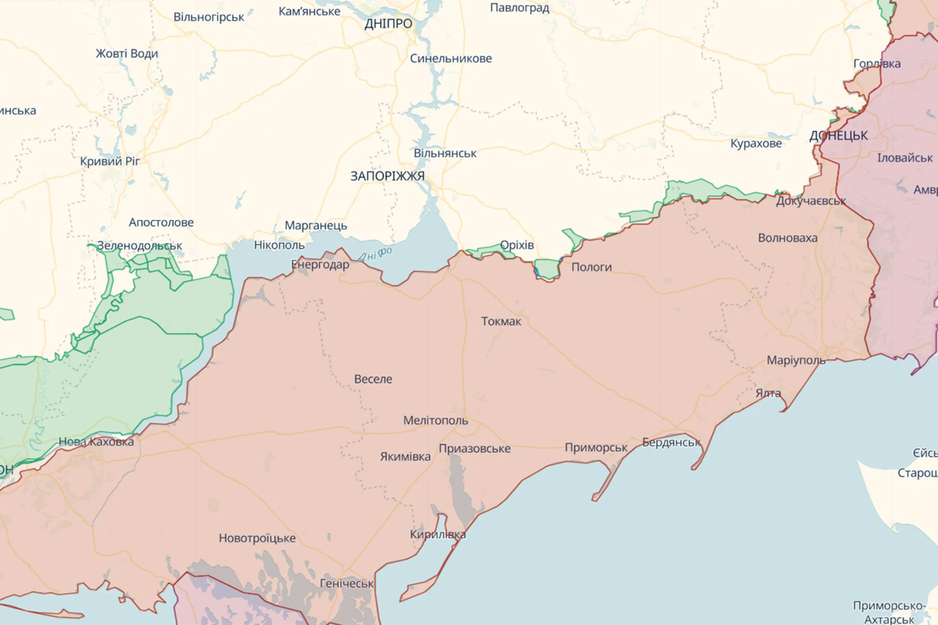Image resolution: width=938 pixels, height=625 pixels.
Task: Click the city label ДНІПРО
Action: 388,23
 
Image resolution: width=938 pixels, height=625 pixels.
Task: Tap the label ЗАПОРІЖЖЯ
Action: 387,176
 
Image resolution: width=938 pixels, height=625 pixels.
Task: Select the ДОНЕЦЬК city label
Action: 838,136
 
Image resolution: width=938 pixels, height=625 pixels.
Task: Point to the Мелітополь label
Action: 436,420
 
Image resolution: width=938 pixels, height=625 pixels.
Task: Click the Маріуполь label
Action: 796,360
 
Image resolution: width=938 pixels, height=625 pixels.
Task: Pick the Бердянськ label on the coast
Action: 671,443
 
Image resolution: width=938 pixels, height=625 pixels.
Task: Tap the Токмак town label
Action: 501,321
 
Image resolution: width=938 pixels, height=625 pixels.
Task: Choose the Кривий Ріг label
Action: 110,161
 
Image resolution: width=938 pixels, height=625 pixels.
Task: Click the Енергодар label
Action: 320,265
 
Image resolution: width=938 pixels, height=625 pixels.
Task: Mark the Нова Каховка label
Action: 96,442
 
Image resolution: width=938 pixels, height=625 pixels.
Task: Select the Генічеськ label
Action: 347,584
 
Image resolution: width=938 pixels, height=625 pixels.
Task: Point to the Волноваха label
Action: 787,238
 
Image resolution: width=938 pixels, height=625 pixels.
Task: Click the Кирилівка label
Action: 438,534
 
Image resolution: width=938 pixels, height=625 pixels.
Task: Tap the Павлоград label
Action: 520,8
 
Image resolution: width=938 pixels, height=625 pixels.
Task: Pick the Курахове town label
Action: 756,144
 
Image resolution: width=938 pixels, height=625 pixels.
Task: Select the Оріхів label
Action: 516,245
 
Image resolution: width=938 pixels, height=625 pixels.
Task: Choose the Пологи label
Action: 591,267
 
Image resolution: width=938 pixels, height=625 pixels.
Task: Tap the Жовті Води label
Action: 127,54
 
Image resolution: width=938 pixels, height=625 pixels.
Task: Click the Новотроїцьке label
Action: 257,538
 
